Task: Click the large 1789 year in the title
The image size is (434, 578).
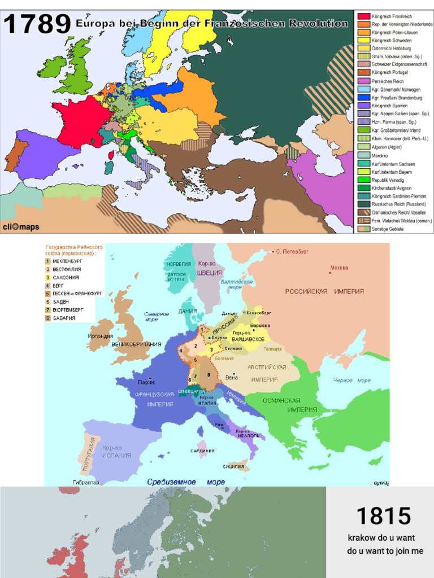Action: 37,25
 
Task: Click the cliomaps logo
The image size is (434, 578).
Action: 20,226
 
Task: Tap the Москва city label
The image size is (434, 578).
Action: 339,268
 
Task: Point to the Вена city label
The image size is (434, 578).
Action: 231,377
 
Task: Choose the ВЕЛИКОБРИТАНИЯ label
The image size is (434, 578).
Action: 136,344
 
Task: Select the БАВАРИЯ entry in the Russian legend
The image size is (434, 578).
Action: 66,318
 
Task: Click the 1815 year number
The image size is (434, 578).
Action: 383,516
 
